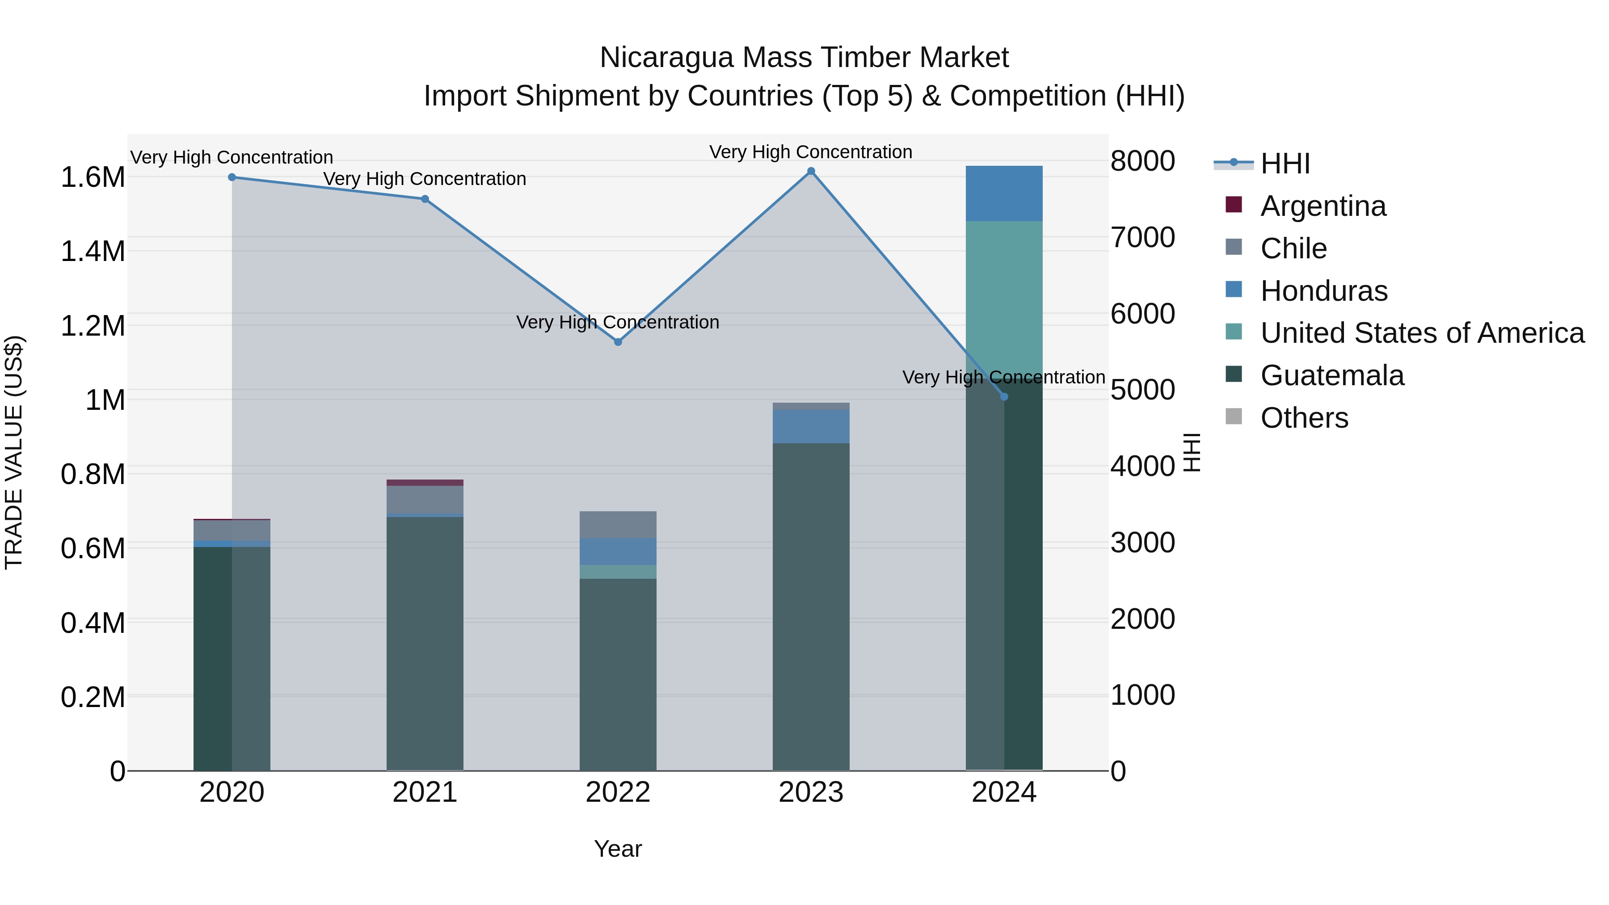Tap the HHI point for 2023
[x=811, y=171]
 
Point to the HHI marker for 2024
[x=1004, y=396]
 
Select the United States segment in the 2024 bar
[x=1004, y=294]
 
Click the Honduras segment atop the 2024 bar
[x=1004, y=194]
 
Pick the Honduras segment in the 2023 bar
[x=811, y=427]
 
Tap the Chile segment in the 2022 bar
[x=618, y=525]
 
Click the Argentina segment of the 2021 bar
[x=425, y=483]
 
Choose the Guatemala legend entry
[x=1332, y=375]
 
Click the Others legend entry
[x=1304, y=418]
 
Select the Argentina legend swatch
[x=1234, y=205]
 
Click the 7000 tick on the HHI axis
[x=1142, y=237]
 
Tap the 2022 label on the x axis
[x=618, y=792]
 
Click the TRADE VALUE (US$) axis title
[x=14, y=452]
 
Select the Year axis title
[x=618, y=849]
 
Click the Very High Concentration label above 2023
[x=811, y=152]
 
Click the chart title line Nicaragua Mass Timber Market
[x=804, y=58]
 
